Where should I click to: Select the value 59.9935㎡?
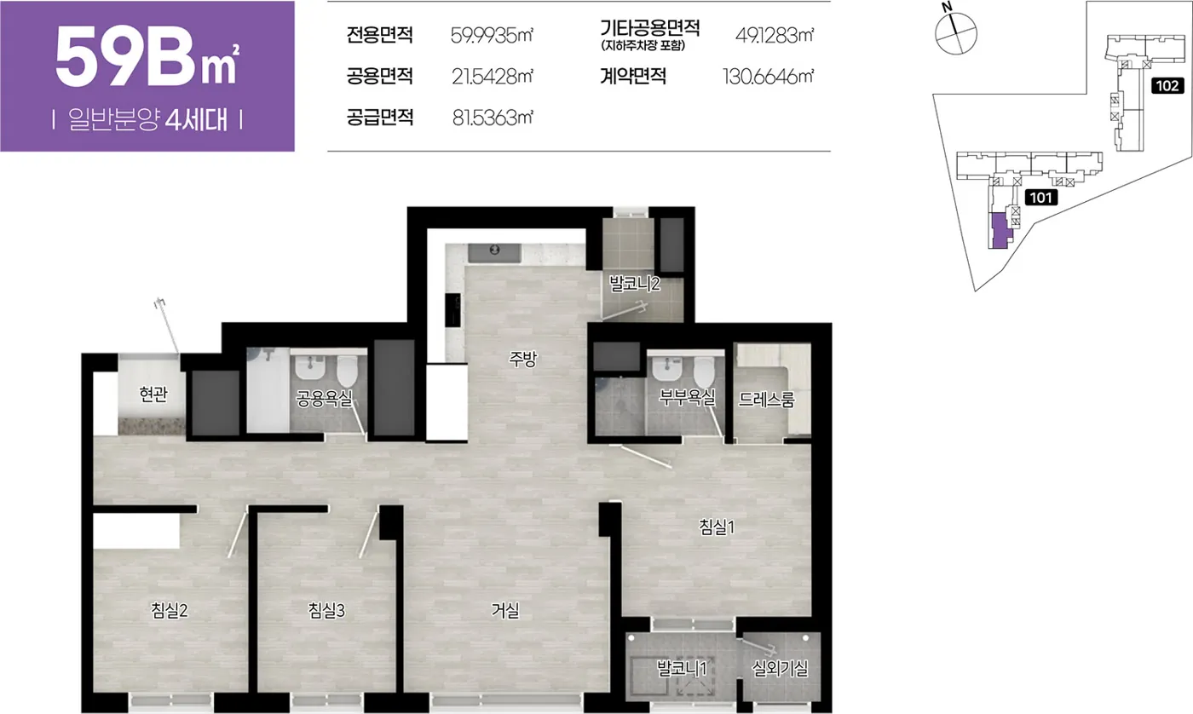click(492, 35)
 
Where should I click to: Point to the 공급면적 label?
click(380, 117)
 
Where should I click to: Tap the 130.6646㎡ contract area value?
click(768, 77)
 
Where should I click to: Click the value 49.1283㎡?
click(775, 35)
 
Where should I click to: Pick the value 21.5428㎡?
click(493, 77)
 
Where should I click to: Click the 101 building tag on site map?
click(1040, 198)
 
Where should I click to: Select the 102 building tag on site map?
click(1167, 86)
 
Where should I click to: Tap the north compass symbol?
click(956, 31)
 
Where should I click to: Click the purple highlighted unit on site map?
click(997, 231)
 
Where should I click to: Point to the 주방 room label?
click(522, 359)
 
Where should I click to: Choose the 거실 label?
click(504, 610)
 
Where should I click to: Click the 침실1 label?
click(717, 527)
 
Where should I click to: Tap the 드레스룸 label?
click(766, 400)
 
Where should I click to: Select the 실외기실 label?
click(780, 668)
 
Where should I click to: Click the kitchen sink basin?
click(494, 253)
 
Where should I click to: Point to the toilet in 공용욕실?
click(348, 371)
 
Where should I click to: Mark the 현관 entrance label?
click(153, 394)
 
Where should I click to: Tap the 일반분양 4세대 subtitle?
click(147, 120)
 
